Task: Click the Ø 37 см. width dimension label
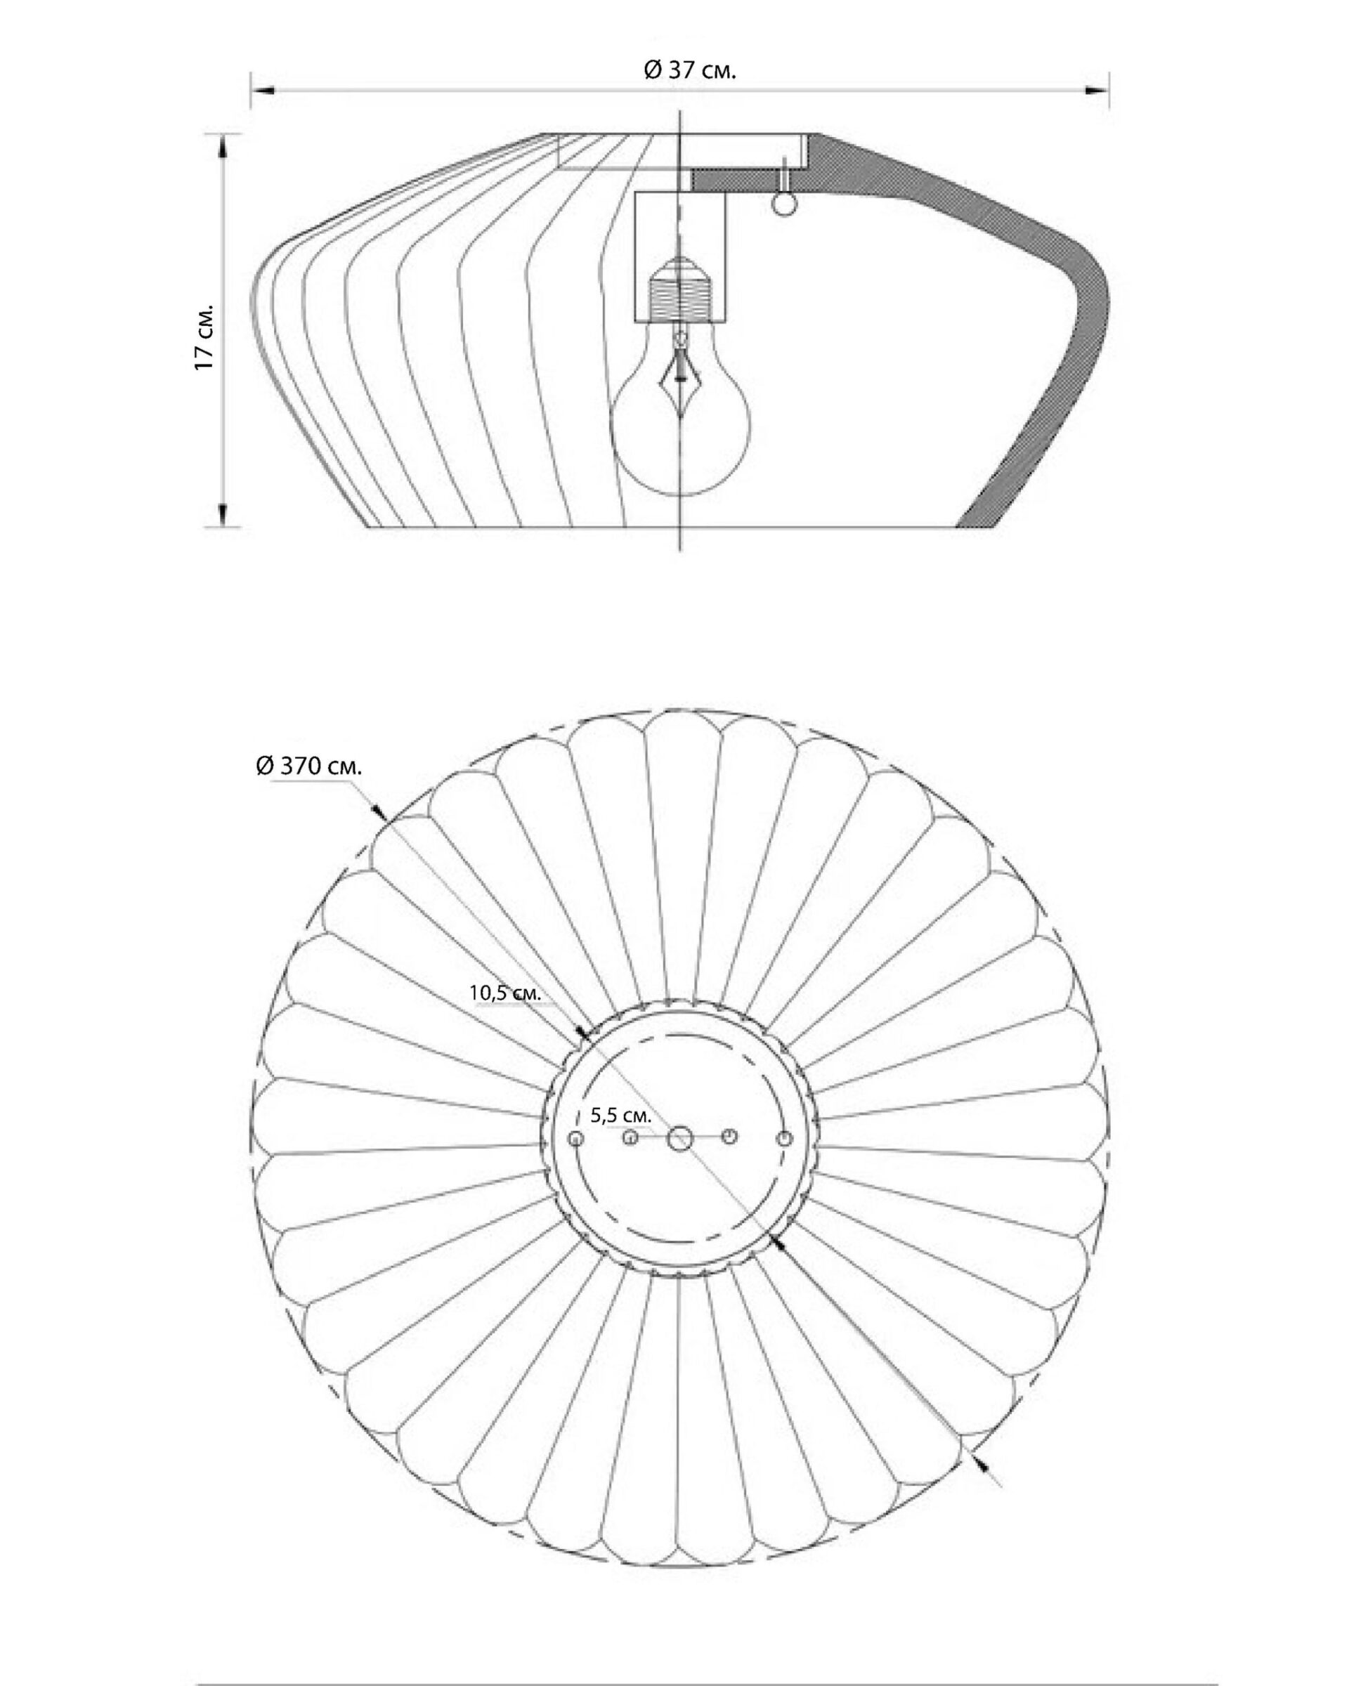coord(689,70)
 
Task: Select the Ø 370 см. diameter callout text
coord(310,766)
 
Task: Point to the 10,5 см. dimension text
coord(505,993)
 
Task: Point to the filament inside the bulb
coord(679,383)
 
